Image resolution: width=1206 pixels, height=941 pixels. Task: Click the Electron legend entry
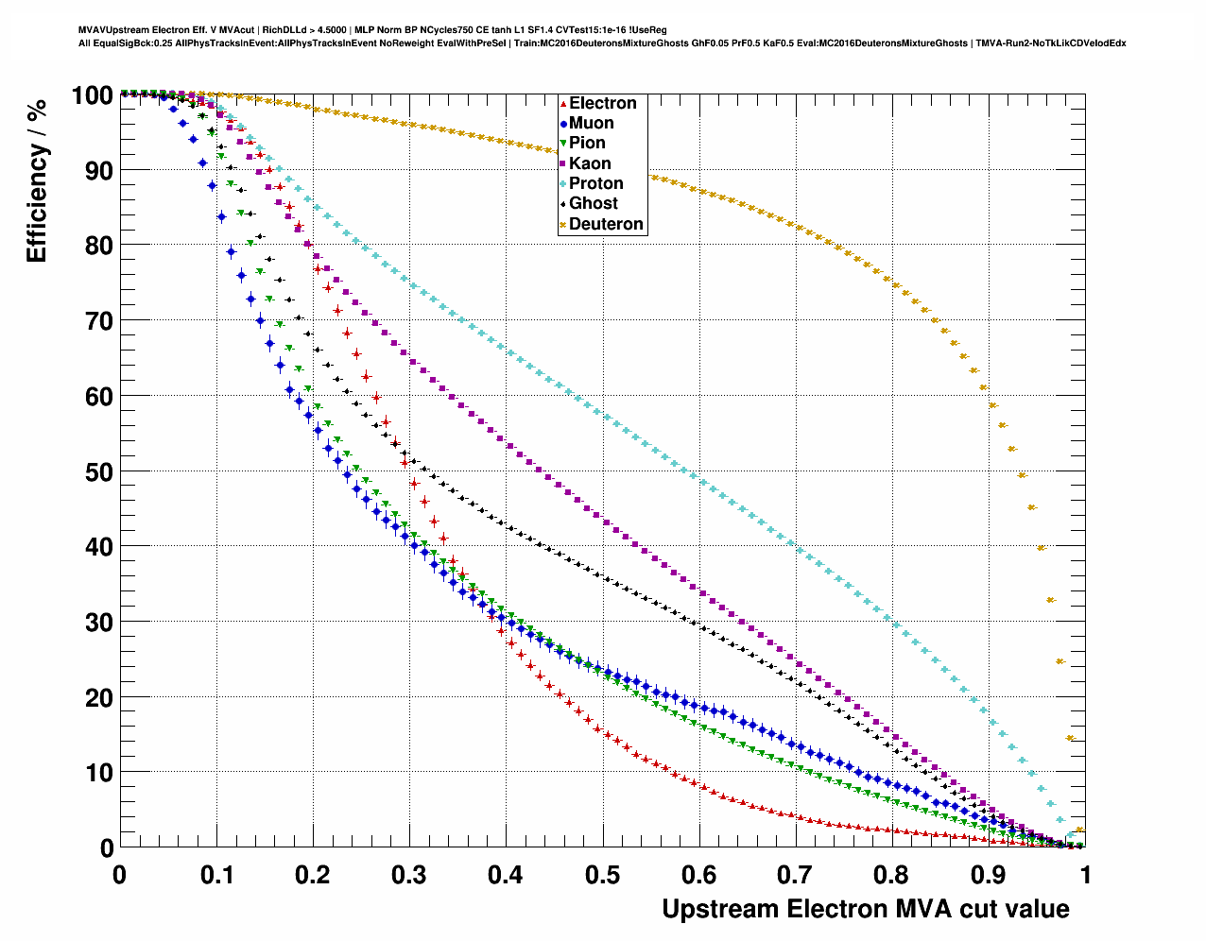click(x=602, y=103)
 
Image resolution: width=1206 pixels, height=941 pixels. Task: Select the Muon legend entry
click(x=591, y=123)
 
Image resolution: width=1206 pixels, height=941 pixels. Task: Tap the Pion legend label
click(x=587, y=143)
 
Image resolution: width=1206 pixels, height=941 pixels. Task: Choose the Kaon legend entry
click(x=590, y=163)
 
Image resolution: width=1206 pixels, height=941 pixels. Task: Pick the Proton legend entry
click(x=595, y=183)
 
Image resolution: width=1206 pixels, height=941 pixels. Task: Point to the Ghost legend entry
click(x=593, y=203)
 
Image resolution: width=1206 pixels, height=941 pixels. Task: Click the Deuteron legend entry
click(x=606, y=224)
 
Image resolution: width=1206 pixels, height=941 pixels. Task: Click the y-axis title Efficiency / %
click(x=37, y=180)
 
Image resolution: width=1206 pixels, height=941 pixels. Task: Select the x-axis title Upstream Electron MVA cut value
click(x=865, y=909)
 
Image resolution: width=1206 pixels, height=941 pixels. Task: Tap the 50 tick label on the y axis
click(x=100, y=471)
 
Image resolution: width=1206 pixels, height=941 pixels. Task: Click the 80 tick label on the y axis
click(x=100, y=246)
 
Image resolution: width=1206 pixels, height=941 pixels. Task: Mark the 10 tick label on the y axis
click(x=100, y=773)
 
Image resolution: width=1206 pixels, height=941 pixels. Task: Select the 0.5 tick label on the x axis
click(x=602, y=875)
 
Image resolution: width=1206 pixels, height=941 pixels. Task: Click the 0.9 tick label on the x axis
click(x=989, y=875)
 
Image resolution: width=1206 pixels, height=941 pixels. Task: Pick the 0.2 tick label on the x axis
click(x=312, y=875)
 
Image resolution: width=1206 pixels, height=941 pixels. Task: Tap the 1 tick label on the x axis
click(x=1085, y=875)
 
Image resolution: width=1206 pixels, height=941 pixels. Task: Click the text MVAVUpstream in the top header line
click(x=107, y=30)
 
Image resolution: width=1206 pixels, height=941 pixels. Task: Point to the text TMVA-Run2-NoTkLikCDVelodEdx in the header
click(x=1050, y=43)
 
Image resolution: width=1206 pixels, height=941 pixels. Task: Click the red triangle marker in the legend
click(x=563, y=104)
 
